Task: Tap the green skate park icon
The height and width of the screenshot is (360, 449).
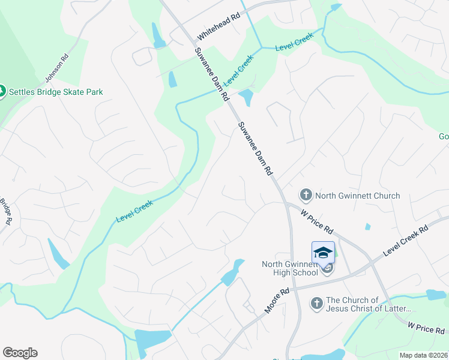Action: click(x=2, y=92)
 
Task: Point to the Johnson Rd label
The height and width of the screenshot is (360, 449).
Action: click(x=56, y=68)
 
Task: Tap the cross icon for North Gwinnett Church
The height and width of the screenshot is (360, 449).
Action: click(x=306, y=195)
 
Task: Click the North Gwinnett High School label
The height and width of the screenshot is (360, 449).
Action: click(x=290, y=268)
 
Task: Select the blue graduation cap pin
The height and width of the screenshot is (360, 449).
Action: click(x=323, y=253)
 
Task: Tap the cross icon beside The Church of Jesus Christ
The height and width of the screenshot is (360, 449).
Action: click(x=316, y=304)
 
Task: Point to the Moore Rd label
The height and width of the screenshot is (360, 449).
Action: click(x=277, y=300)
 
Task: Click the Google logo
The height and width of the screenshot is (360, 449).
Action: click(x=20, y=353)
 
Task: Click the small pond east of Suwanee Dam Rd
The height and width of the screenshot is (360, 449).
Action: click(x=246, y=96)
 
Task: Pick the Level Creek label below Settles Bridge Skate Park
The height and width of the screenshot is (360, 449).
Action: click(x=134, y=211)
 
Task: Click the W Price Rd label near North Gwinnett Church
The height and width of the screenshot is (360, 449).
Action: click(x=316, y=221)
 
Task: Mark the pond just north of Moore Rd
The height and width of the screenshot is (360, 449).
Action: click(x=232, y=273)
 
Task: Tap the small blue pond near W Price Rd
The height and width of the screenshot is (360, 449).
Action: click(x=367, y=227)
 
